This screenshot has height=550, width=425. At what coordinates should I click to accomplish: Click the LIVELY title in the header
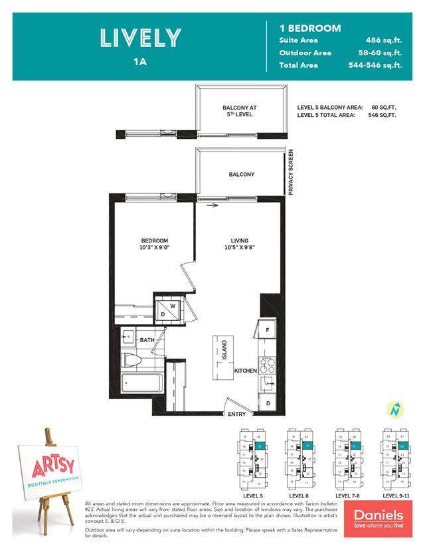(x=139, y=38)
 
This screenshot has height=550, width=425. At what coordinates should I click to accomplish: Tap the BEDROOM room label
(x=154, y=240)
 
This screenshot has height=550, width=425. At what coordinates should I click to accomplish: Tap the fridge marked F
(x=266, y=329)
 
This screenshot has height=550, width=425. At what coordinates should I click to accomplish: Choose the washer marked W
(x=172, y=305)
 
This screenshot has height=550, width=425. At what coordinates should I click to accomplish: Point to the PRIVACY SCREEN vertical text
(x=290, y=172)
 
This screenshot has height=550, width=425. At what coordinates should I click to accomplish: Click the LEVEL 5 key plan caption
(x=251, y=496)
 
